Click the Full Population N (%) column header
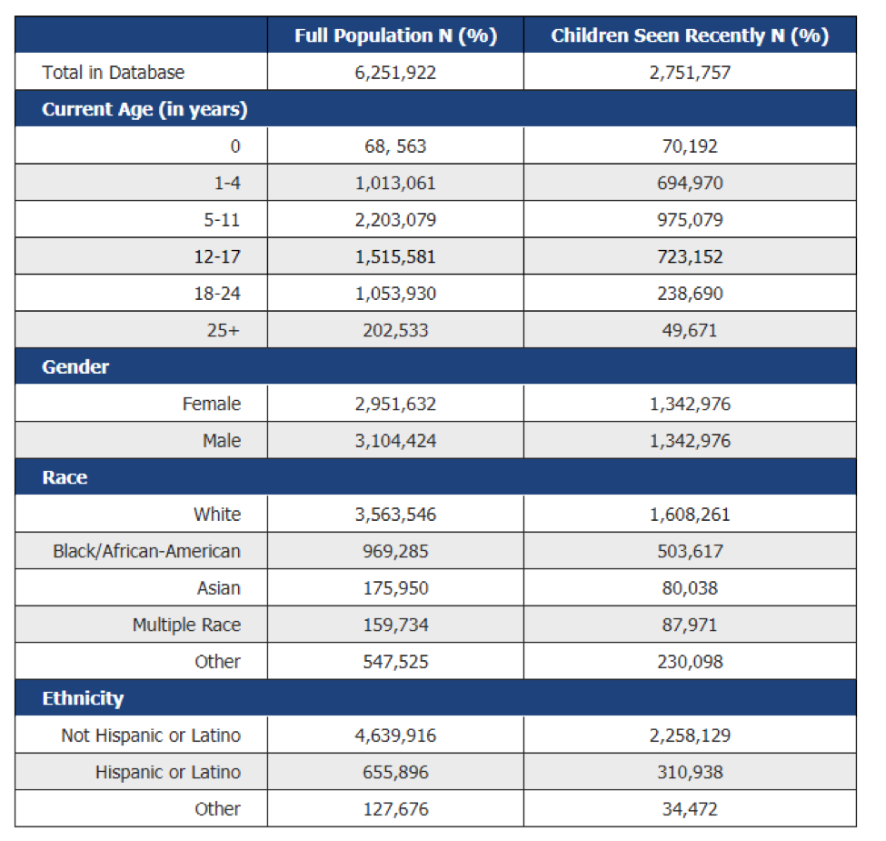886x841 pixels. pos(395,35)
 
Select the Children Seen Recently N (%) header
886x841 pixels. pos(690,35)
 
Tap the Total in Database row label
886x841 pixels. pos(113,73)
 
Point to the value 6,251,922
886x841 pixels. pos(395,73)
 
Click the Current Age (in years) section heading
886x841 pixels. pos(144,109)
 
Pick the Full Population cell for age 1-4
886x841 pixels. pos(395,183)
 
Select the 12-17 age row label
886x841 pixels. pos(217,256)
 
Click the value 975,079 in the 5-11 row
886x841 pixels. pos(690,220)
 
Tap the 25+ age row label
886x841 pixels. pos(224,330)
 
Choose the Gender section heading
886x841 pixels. pos(75,366)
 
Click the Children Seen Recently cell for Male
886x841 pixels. pos(690,441)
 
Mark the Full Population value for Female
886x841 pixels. pos(395,404)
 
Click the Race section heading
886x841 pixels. pos(65,477)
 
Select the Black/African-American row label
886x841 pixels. pos(147,551)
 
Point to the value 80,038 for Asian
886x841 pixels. pos(690,588)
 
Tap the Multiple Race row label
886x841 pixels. pos(187,625)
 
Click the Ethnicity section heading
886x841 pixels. pos(83,698)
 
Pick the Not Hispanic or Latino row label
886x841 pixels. pos(151,736)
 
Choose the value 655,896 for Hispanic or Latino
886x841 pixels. pos(395,773)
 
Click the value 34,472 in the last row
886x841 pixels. pos(690,809)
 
